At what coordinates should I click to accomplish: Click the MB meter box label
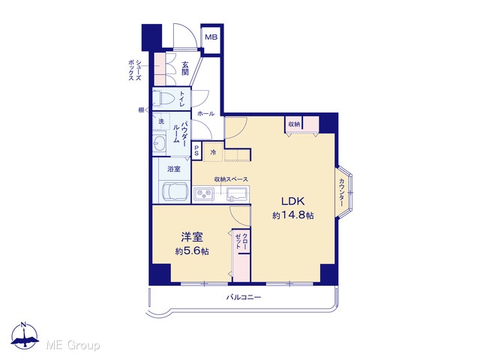pyautogui.click(x=211, y=37)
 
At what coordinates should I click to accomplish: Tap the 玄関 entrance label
pyautogui.click(x=185, y=69)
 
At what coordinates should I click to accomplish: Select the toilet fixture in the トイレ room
pyautogui.click(x=161, y=98)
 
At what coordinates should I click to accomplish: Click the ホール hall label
pyautogui.click(x=205, y=113)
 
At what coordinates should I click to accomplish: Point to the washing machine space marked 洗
pyautogui.click(x=161, y=121)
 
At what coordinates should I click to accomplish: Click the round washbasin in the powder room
pyautogui.click(x=159, y=143)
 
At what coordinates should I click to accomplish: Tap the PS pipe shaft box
pyautogui.click(x=196, y=150)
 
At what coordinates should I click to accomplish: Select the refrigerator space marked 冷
pyautogui.click(x=213, y=151)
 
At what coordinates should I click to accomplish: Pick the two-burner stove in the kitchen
pyautogui.click(x=203, y=193)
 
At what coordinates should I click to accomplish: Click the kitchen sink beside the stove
pyautogui.click(x=237, y=194)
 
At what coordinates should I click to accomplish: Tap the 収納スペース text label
pyautogui.click(x=231, y=179)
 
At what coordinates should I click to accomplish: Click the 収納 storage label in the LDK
pyautogui.click(x=294, y=124)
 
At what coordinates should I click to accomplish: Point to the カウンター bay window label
pyautogui.click(x=342, y=192)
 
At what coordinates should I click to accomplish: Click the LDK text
pyautogui.click(x=292, y=202)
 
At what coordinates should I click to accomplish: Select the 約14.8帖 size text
pyautogui.click(x=293, y=215)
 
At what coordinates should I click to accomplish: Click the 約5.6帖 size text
pyautogui.click(x=192, y=251)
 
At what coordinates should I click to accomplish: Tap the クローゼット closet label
pyautogui.click(x=241, y=241)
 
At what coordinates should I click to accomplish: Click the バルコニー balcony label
pyautogui.click(x=244, y=297)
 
